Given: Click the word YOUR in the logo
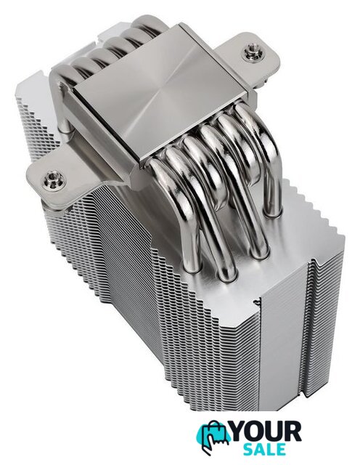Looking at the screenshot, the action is tap(265, 432).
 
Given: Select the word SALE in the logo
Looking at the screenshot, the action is tap(265, 450).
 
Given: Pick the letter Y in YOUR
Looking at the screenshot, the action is tap(240, 432).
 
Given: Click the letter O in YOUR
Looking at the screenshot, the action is tap(256, 432).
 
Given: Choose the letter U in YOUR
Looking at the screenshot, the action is tap(274, 432).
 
